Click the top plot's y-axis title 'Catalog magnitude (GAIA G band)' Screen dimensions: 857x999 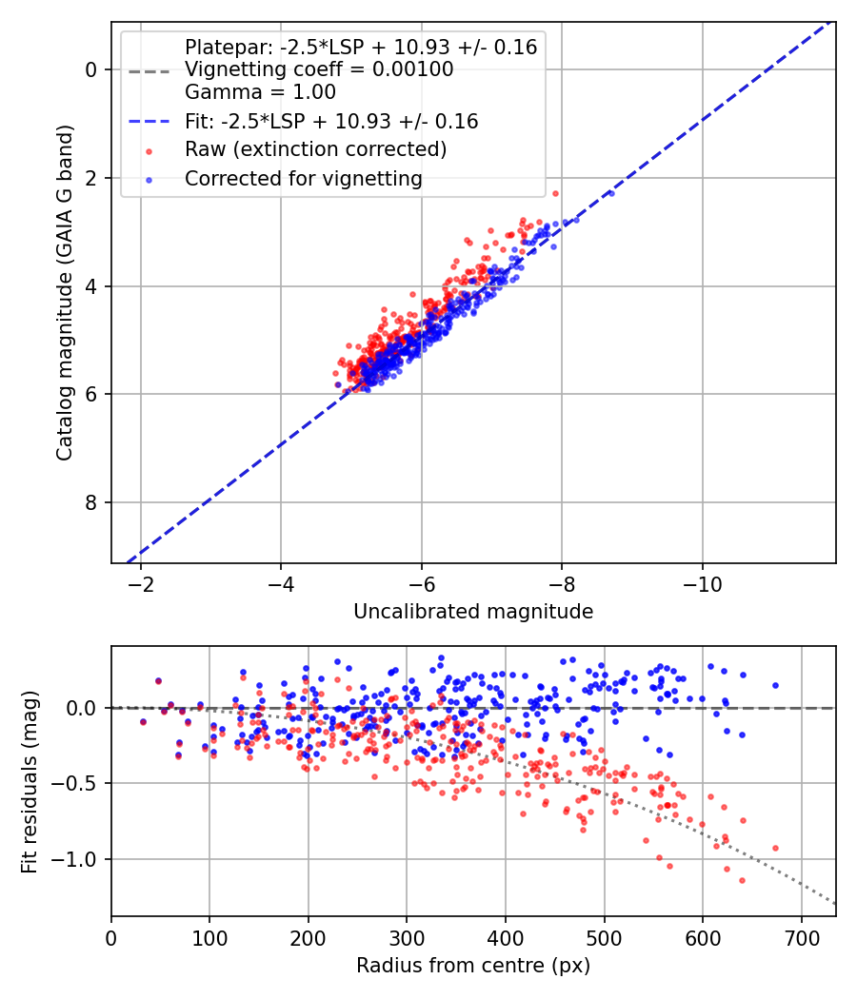click(65, 293)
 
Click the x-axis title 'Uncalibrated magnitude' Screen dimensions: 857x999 click(473, 612)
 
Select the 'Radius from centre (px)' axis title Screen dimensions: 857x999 click(473, 966)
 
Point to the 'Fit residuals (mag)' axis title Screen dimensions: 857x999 click(30, 782)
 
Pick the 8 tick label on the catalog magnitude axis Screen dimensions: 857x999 click(90, 502)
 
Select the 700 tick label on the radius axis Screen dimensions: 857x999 click(802, 938)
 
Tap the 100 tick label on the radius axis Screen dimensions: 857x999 click(209, 938)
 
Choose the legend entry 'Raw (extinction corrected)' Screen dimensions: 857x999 click(315, 149)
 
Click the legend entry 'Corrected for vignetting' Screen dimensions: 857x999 click(304, 179)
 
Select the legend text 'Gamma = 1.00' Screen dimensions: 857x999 click(260, 92)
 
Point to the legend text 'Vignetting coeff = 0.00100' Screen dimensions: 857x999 click(319, 69)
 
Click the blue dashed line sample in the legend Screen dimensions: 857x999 click(149, 121)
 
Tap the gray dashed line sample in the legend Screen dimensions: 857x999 click(149, 71)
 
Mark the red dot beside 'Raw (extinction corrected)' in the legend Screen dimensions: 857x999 click(149, 151)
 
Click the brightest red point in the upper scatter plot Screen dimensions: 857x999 click(555, 193)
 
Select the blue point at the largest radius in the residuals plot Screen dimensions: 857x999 click(775, 686)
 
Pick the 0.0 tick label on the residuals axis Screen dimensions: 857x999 click(82, 708)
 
